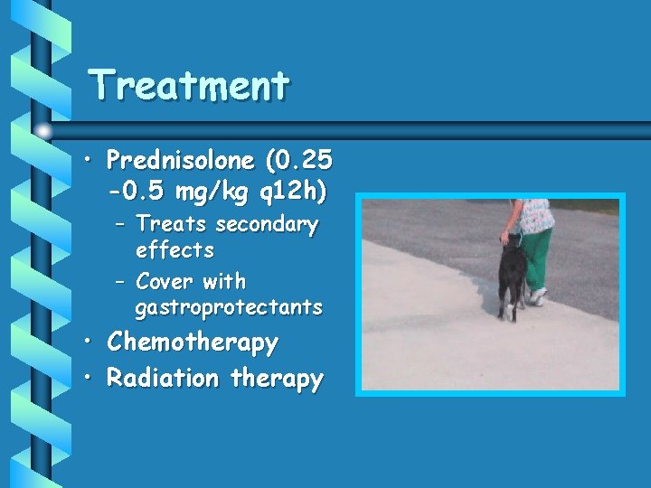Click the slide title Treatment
click(x=190, y=86)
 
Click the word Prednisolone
click(x=180, y=162)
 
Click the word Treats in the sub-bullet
click(x=170, y=224)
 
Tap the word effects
click(x=175, y=249)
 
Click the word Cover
click(x=165, y=281)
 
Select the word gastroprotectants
click(x=228, y=307)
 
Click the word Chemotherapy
click(x=193, y=343)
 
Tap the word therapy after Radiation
click(x=277, y=379)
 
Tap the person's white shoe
click(x=539, y=296)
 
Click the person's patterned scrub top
click(x=533, y=215)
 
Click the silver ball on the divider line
click(x=44, y=131)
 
